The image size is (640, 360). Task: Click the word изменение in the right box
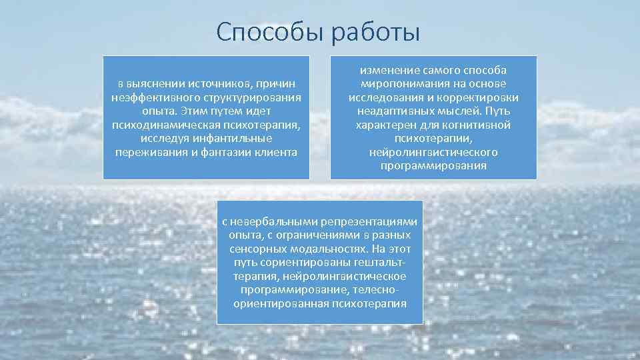(387, 70)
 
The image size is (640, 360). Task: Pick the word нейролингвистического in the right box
(433, 152)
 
